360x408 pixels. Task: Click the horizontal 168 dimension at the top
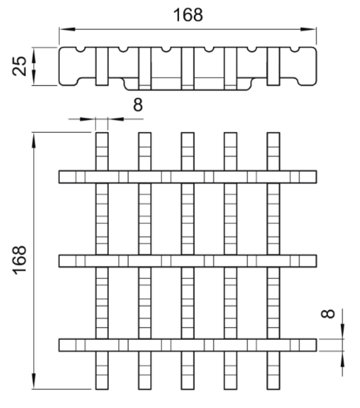click(188, 15)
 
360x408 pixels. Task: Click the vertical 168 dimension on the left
click(20, 260)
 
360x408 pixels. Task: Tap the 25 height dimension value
click(20, 66)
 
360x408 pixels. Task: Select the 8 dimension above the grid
click(137, 105)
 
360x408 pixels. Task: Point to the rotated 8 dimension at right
click(328, 313)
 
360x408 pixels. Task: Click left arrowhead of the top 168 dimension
click(67, 29)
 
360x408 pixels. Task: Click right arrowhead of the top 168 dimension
click(308, 29)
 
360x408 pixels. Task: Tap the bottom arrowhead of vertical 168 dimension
click(33, 381)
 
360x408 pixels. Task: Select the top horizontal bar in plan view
click(188, 177)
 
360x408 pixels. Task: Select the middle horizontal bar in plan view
click(188, 261)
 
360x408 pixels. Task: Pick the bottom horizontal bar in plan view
click(188, 345)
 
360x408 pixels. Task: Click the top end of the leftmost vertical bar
click(102, 133)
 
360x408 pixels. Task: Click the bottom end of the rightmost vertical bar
click(274, 389)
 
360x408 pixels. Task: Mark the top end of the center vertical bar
click(188, 133)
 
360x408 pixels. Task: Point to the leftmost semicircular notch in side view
click(82, 50)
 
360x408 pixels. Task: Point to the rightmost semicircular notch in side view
click(295, 50)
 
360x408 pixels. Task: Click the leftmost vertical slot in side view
click(102, 66)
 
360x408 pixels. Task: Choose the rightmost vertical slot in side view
click(274, 66)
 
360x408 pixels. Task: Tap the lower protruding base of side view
click(188, 84)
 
